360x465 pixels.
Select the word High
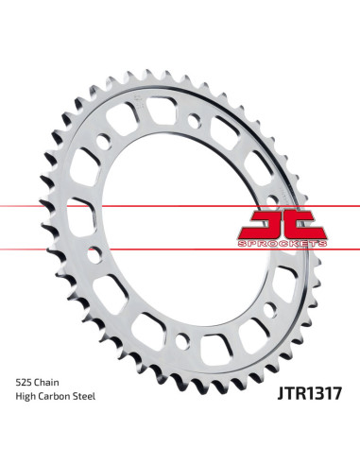click(x=28, y=395)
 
